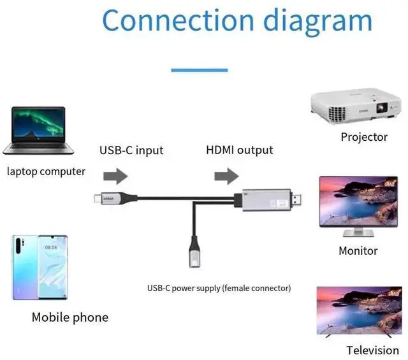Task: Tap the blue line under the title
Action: coord(199,69)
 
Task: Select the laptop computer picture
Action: coord(38,130)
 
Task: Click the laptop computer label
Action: coord(46,171)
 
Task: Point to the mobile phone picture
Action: coord(40,267)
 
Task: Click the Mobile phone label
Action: coord(70,317)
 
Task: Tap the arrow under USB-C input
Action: coord(115,176)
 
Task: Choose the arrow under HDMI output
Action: coord(226,176)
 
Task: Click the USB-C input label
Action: coord(131,151)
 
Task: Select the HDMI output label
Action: coord(240,150)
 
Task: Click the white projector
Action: coord(354,107)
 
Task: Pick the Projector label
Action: coord(364,136)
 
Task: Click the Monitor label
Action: coord(358,250)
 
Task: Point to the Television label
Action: coord(373,350)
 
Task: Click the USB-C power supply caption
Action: coord(219,288)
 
